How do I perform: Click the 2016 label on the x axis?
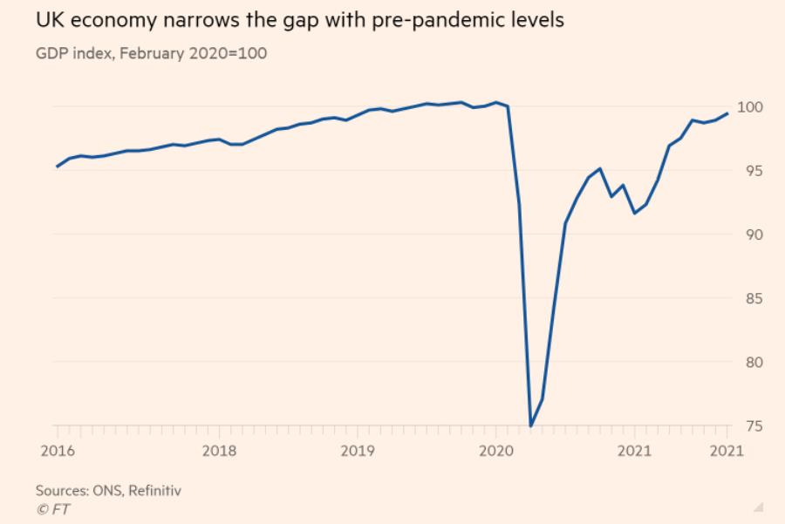[x=58, y=451]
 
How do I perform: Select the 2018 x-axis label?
[x=219, y=451]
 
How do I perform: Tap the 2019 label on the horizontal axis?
[x=358, y=451]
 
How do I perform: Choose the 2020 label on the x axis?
[x=496, y=451]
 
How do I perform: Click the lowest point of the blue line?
[x=531, y=426]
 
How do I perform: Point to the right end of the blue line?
[x=727, y=113]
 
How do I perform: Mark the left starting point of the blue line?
[x=57, y=167]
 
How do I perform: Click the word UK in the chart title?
[x=48, y=20]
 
